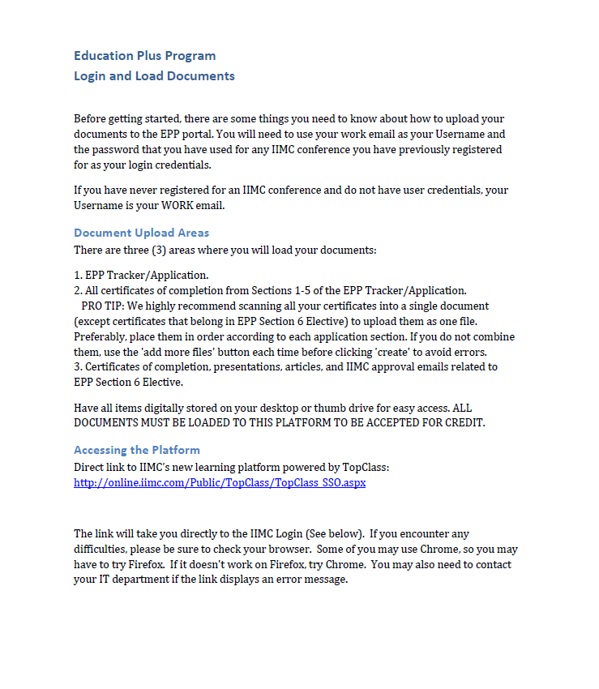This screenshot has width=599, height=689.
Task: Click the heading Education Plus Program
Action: tap(144, 56)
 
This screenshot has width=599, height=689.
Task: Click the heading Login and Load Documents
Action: tap(154, 76)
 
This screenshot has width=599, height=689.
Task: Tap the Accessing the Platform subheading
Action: tap(136, 450)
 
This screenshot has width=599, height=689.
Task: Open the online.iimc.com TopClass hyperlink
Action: tap(220, 482)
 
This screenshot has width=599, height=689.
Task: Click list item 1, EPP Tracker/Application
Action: tap(141, 275)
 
